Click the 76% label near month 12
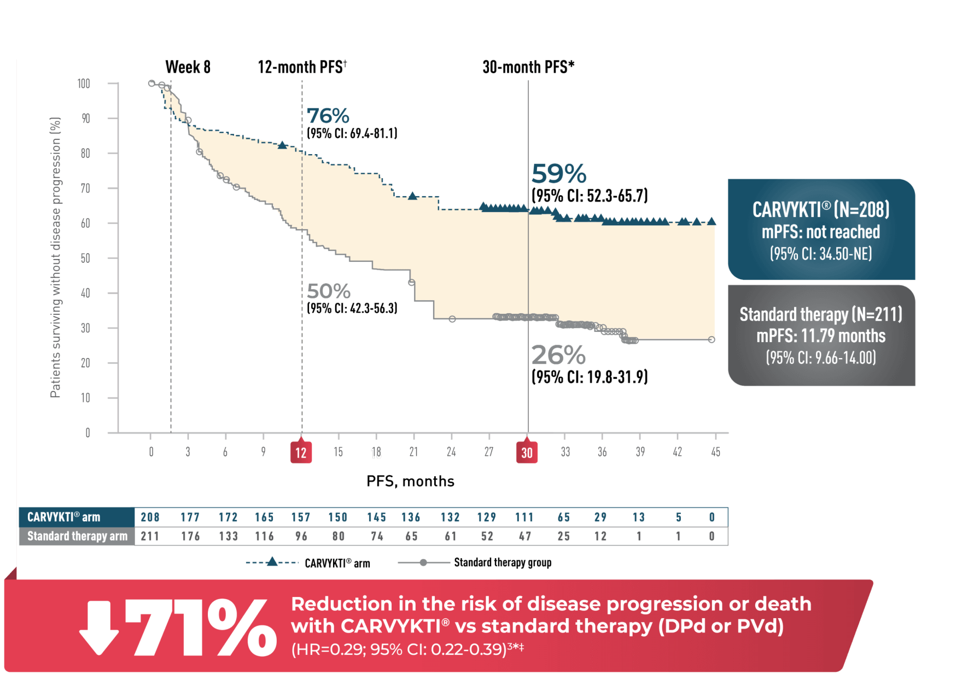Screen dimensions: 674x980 tap(328, 116)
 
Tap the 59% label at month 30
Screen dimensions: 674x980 tap(559, 174)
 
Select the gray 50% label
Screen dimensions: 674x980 tap(329, 291)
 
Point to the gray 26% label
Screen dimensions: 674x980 tap(558, 355)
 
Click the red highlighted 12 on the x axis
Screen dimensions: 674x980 tap(301, 453)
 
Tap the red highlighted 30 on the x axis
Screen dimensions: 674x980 tap(527, 453)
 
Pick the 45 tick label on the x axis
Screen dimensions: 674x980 tap(715, 452)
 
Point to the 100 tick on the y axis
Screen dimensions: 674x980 tap(84, 84)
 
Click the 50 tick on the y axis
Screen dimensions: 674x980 tap(85, 258)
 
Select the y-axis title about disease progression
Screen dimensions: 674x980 tap(55, 257)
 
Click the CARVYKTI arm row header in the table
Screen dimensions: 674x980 tap(64, 517)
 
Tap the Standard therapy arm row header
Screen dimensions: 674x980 tap(77, 536)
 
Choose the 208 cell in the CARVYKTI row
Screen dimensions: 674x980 tap(150, 517)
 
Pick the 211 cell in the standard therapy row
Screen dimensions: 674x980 tap(150, 536)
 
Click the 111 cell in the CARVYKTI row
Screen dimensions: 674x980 tap(524, 517)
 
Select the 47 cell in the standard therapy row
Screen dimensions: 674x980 tap(525, 536)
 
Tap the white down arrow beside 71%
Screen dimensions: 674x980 tap(99, 628)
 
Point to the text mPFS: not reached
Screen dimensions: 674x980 tap(821, 232)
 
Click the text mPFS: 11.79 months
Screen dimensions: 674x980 tap(821, 336)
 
